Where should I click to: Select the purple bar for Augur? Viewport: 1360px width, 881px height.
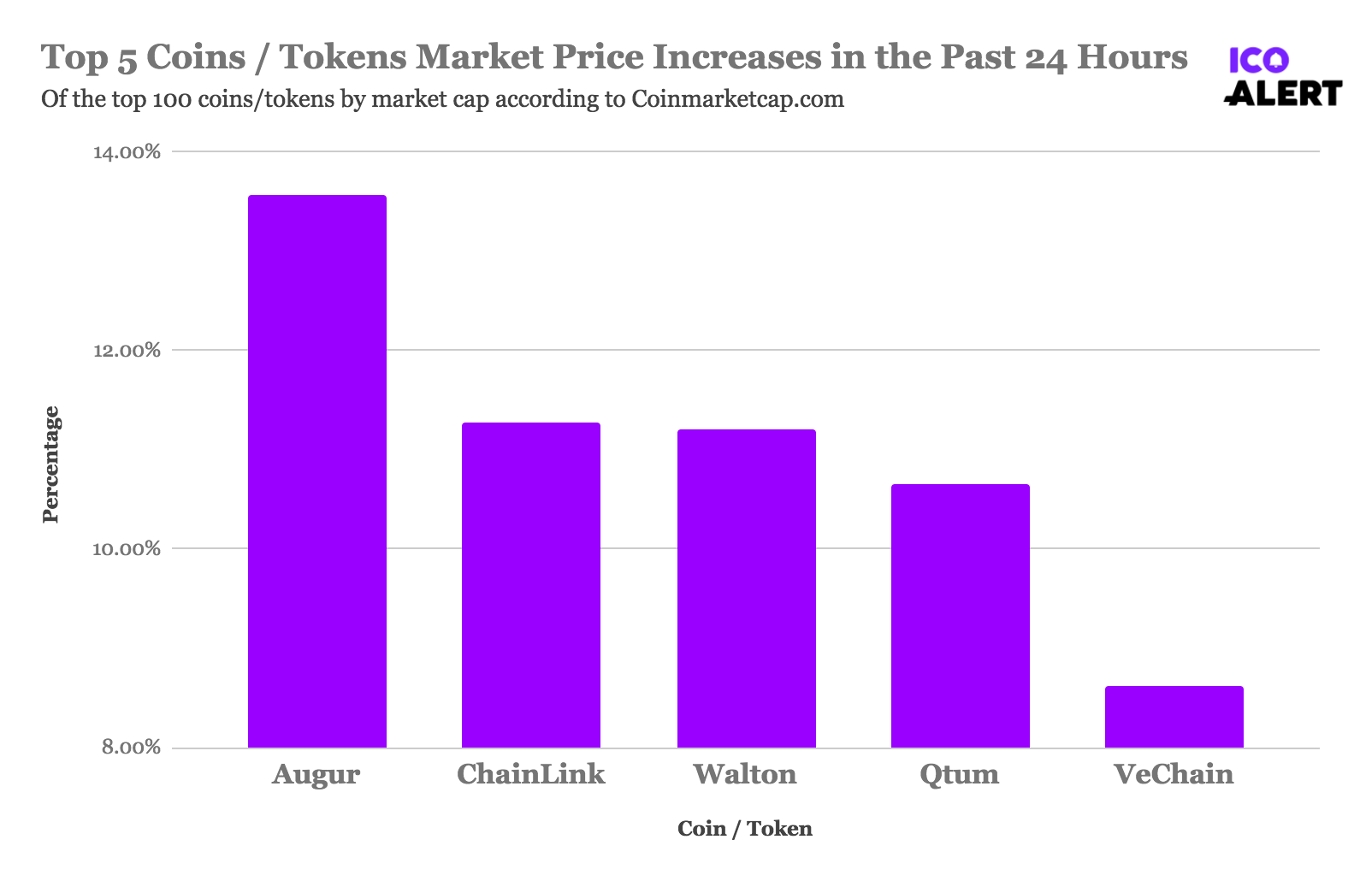coord(316,471)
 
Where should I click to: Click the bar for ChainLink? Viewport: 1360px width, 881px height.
coord(530,585)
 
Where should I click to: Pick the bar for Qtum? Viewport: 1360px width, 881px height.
coord(960,616)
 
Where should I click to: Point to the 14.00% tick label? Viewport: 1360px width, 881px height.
coord(127,152)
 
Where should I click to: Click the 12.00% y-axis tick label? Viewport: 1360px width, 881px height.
coord(127,351)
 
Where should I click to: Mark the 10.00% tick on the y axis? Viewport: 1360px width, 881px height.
coord(127,549)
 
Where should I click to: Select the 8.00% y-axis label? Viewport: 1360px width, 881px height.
coord(131,748)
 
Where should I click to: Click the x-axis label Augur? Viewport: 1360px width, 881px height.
coord(316,775)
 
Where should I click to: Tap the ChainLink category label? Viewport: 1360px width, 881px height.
coord(530,775)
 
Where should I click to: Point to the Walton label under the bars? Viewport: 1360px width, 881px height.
coord(745,775)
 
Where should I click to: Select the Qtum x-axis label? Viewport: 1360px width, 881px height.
coord(959,775)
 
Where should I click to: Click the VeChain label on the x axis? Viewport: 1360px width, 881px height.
coord(1174,775)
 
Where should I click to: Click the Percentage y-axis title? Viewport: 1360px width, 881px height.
coord(51,464)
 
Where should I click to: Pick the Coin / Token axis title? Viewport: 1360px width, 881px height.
coord(744,829)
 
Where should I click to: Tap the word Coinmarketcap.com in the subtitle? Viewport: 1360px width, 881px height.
coord(737,100)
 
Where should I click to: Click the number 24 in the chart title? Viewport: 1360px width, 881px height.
coord(1045,58)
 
